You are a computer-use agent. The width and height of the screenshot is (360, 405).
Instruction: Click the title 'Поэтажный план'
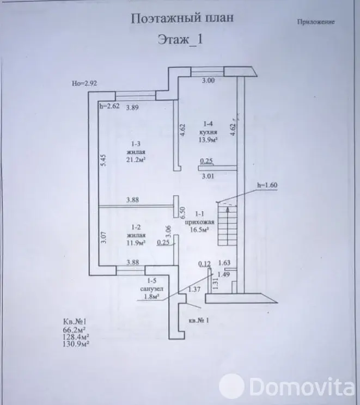point(182,19)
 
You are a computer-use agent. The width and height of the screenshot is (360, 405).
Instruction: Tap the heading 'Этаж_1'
point(180,40)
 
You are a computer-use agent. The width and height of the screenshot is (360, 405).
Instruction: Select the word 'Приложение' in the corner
point(316,22)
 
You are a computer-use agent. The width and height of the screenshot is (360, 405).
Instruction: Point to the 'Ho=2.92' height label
point(84,83)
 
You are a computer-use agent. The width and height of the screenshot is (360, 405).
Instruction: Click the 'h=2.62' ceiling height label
point(109,106)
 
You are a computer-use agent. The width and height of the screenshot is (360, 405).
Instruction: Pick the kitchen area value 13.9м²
point(208,140)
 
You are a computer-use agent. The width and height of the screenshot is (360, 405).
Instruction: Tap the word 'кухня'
point(208,132)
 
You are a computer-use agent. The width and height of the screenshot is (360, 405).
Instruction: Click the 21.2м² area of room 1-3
point(136,160)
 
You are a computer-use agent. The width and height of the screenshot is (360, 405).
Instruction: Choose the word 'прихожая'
point(200,222)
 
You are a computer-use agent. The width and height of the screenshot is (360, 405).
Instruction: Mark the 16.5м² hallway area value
point(199,230)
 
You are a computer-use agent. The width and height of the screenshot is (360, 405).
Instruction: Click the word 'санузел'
point(152,289)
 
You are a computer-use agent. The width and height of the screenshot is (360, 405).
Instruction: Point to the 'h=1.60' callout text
point(267,185)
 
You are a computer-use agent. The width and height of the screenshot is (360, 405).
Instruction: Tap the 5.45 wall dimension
point(103,160)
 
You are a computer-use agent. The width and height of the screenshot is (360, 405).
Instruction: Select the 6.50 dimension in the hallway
point(182,212)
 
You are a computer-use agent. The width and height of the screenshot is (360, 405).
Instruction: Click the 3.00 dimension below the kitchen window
point(208,81)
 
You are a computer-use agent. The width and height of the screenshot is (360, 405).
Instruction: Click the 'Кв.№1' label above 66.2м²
point(75,322)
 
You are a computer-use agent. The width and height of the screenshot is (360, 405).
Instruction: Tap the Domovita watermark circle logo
point(231,386)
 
